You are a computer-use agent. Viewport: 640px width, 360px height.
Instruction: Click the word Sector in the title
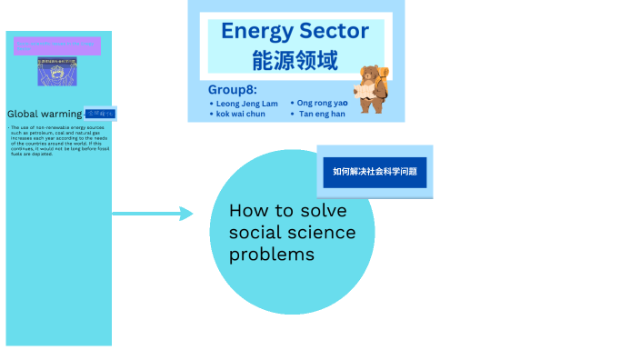(334, 32)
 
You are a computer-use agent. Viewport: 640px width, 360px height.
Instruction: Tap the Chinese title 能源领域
(295, 60)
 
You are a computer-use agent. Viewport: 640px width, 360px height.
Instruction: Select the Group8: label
(232, 90)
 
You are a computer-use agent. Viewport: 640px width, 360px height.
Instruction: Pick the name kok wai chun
(241, 115)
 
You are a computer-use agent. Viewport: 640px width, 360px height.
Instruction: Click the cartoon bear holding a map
(370, 89)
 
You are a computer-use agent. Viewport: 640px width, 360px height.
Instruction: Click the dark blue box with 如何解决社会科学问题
(375, 171)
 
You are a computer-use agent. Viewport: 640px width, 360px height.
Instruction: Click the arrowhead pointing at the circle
(186, 214)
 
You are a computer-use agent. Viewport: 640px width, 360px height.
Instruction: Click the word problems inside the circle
(271, 255)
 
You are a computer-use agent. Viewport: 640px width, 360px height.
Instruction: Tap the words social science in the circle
(292, 233)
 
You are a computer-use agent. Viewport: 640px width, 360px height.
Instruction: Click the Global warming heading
(45, 114)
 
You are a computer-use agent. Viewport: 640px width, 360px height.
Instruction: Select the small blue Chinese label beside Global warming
(100, 114)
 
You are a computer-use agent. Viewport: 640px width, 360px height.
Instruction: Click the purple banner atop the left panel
(57, 45)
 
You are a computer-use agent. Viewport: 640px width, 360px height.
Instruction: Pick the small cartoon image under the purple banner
(57, 72)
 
